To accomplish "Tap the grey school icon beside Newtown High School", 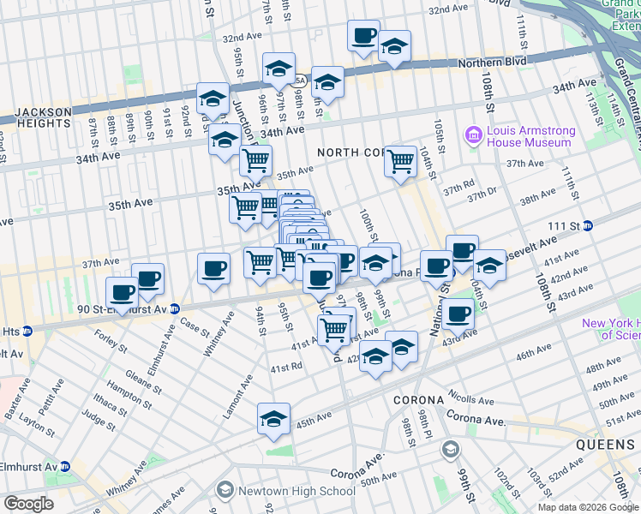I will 225,490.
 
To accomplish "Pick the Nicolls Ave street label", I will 470,399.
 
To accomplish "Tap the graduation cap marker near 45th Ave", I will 273,419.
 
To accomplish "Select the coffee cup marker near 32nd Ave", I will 363,36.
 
